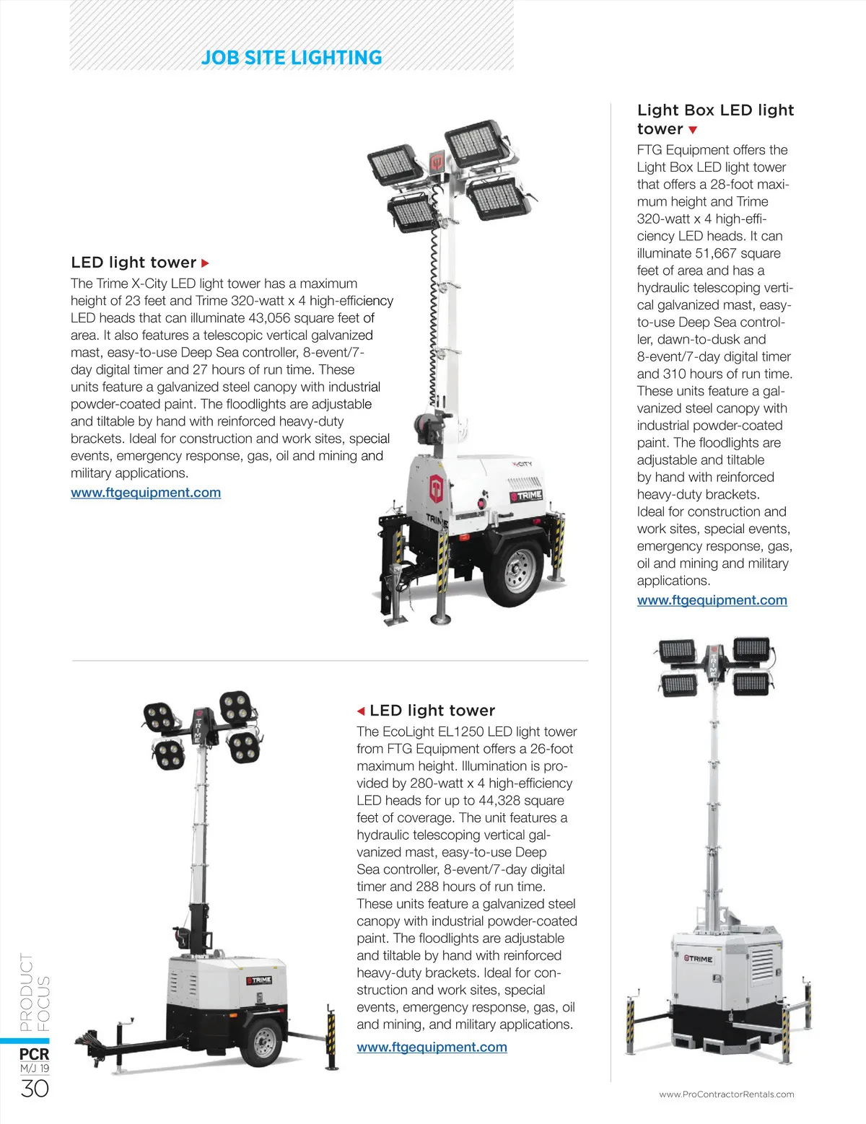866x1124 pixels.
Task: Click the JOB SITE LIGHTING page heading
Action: click(292, 58)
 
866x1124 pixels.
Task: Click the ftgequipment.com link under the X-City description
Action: click(146, 493)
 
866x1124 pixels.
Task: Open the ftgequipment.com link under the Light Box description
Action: click(712, 600)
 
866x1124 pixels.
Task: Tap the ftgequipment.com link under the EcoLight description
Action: click(432, 1047)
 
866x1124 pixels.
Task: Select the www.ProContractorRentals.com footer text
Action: click(726, 1094)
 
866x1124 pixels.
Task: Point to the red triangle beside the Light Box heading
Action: click(693, 131)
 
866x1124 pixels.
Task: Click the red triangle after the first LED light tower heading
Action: click(205, 263)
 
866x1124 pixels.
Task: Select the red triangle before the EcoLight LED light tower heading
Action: click(361, 711)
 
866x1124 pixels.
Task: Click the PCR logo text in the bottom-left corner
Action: click(34, 1055)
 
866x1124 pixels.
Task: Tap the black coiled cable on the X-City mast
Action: click(434, 317)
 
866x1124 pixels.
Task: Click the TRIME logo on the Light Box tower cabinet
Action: click(698, 959)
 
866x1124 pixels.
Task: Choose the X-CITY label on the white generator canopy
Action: click(522, 464)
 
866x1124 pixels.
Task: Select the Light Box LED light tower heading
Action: click(715, 120)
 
